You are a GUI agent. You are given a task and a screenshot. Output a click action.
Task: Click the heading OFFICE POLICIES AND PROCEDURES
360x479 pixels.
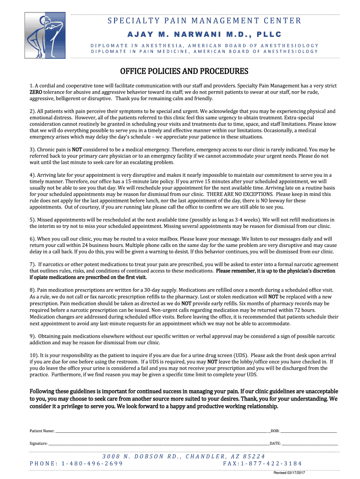[x=184, y=72]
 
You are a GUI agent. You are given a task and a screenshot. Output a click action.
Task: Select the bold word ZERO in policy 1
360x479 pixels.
[x=36, y=93]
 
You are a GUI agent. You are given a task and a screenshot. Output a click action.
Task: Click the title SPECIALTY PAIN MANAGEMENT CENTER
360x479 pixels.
[x=204, y=21]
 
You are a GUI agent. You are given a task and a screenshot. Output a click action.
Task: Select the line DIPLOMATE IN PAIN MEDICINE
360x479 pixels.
[x=204, y=51]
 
